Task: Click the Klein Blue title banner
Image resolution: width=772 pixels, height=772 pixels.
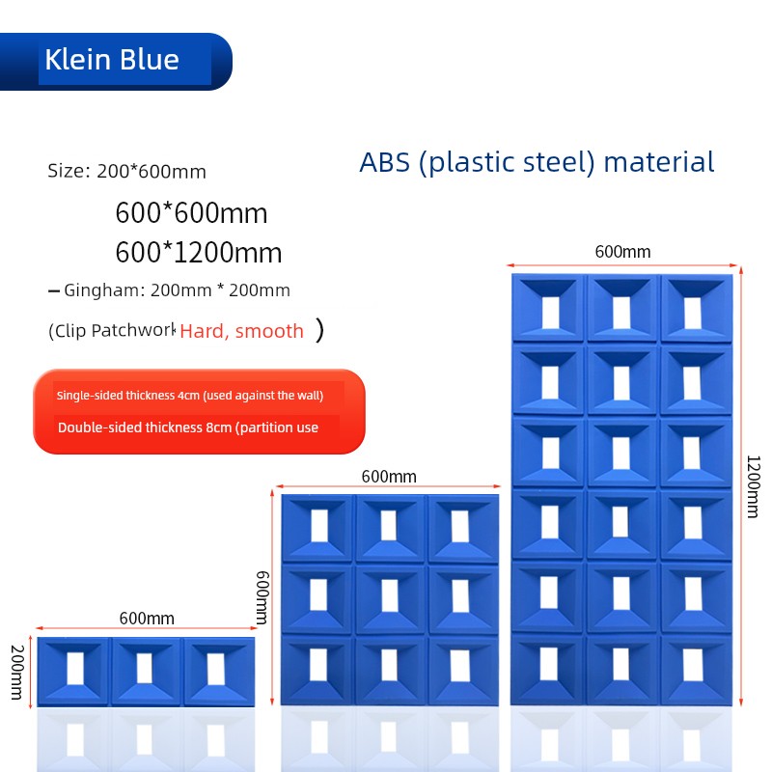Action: (x=116, y=62)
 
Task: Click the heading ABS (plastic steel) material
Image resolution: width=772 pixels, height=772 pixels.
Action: (x=537, y=163)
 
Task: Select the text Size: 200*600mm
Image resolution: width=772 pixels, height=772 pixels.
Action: (x=127, y=172)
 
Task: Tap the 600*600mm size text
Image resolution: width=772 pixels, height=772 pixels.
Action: (x=191, y=212)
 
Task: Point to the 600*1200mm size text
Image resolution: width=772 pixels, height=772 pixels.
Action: (x=199, y=253)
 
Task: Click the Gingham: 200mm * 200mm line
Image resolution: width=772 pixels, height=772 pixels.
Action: (x=177, y=290)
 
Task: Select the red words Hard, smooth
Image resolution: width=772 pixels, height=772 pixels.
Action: (x=242, y=331)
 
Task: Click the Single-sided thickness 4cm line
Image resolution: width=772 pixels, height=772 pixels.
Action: (x=190, y=396)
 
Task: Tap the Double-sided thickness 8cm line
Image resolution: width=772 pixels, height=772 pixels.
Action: (x=188, y=427)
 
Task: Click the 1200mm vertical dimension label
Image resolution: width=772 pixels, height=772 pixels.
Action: (x=754, y=487)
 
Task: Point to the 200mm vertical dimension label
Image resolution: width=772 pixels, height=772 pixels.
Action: (x=17, y=672)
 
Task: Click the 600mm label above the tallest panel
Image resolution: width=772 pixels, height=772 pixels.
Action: (x=622, y=252)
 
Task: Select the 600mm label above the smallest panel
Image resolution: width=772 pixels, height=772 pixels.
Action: (x=147, y=619)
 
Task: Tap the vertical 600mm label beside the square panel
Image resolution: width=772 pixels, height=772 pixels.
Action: (x=262, y=597)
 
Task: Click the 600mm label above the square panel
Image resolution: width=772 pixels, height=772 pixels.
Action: (x=389, y=477)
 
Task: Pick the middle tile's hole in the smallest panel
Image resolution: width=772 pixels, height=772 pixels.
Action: (x=144, y=668)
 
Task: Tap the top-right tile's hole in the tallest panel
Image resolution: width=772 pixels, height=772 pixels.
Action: (x=693, y=313)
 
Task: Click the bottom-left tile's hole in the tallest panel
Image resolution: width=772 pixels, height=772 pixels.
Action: (x=549, y=665)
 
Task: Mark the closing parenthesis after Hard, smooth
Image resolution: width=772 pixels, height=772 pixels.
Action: (x=320, y=330)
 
